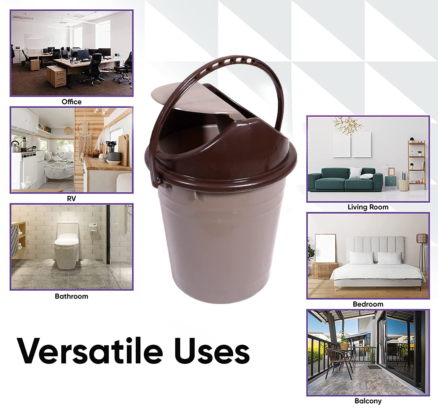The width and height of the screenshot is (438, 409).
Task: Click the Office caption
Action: [x=72, y=102]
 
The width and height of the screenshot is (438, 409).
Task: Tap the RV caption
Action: [x=72, y=199]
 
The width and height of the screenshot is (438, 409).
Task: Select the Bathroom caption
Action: [x=72, y=296]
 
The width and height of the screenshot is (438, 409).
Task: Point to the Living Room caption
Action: [x=368, y=207]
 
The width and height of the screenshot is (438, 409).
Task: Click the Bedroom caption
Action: [x=368, y=304]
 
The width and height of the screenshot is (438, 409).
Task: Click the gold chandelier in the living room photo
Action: [x=347, y=125]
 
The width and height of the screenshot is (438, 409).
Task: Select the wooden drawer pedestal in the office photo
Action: [x=56, y=76]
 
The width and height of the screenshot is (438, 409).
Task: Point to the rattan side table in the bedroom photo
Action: [x=325, y=271]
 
